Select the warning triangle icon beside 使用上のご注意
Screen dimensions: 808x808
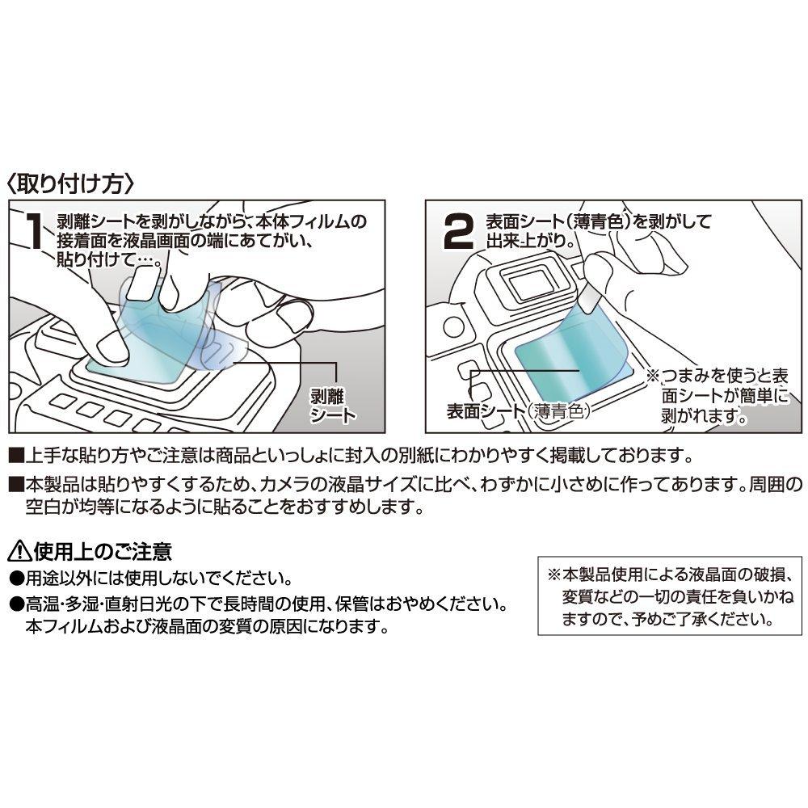[x=19, y=553]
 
